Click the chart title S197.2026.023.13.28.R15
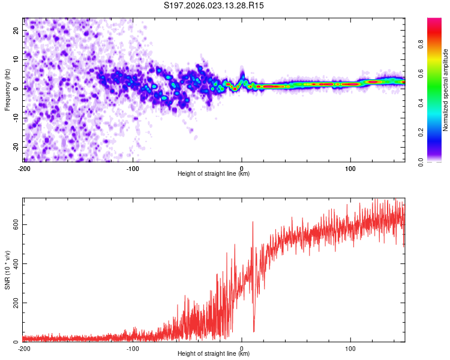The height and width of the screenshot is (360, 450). (214, 5)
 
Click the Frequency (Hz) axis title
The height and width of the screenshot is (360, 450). (7, 89)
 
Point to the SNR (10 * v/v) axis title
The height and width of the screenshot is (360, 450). (7, 269)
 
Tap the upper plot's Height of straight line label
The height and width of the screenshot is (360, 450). (214, 173)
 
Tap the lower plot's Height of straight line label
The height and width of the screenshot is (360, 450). (214, 354)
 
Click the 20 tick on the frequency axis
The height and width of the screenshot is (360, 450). (16, 31)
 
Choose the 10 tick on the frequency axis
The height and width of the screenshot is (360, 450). (16, 60)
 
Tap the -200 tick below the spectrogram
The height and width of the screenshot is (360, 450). (23, 168)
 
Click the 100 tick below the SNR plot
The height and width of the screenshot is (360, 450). (350, 348)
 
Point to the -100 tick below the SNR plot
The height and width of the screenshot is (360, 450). (133, 348)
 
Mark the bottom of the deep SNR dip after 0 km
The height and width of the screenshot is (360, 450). (254, 331)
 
